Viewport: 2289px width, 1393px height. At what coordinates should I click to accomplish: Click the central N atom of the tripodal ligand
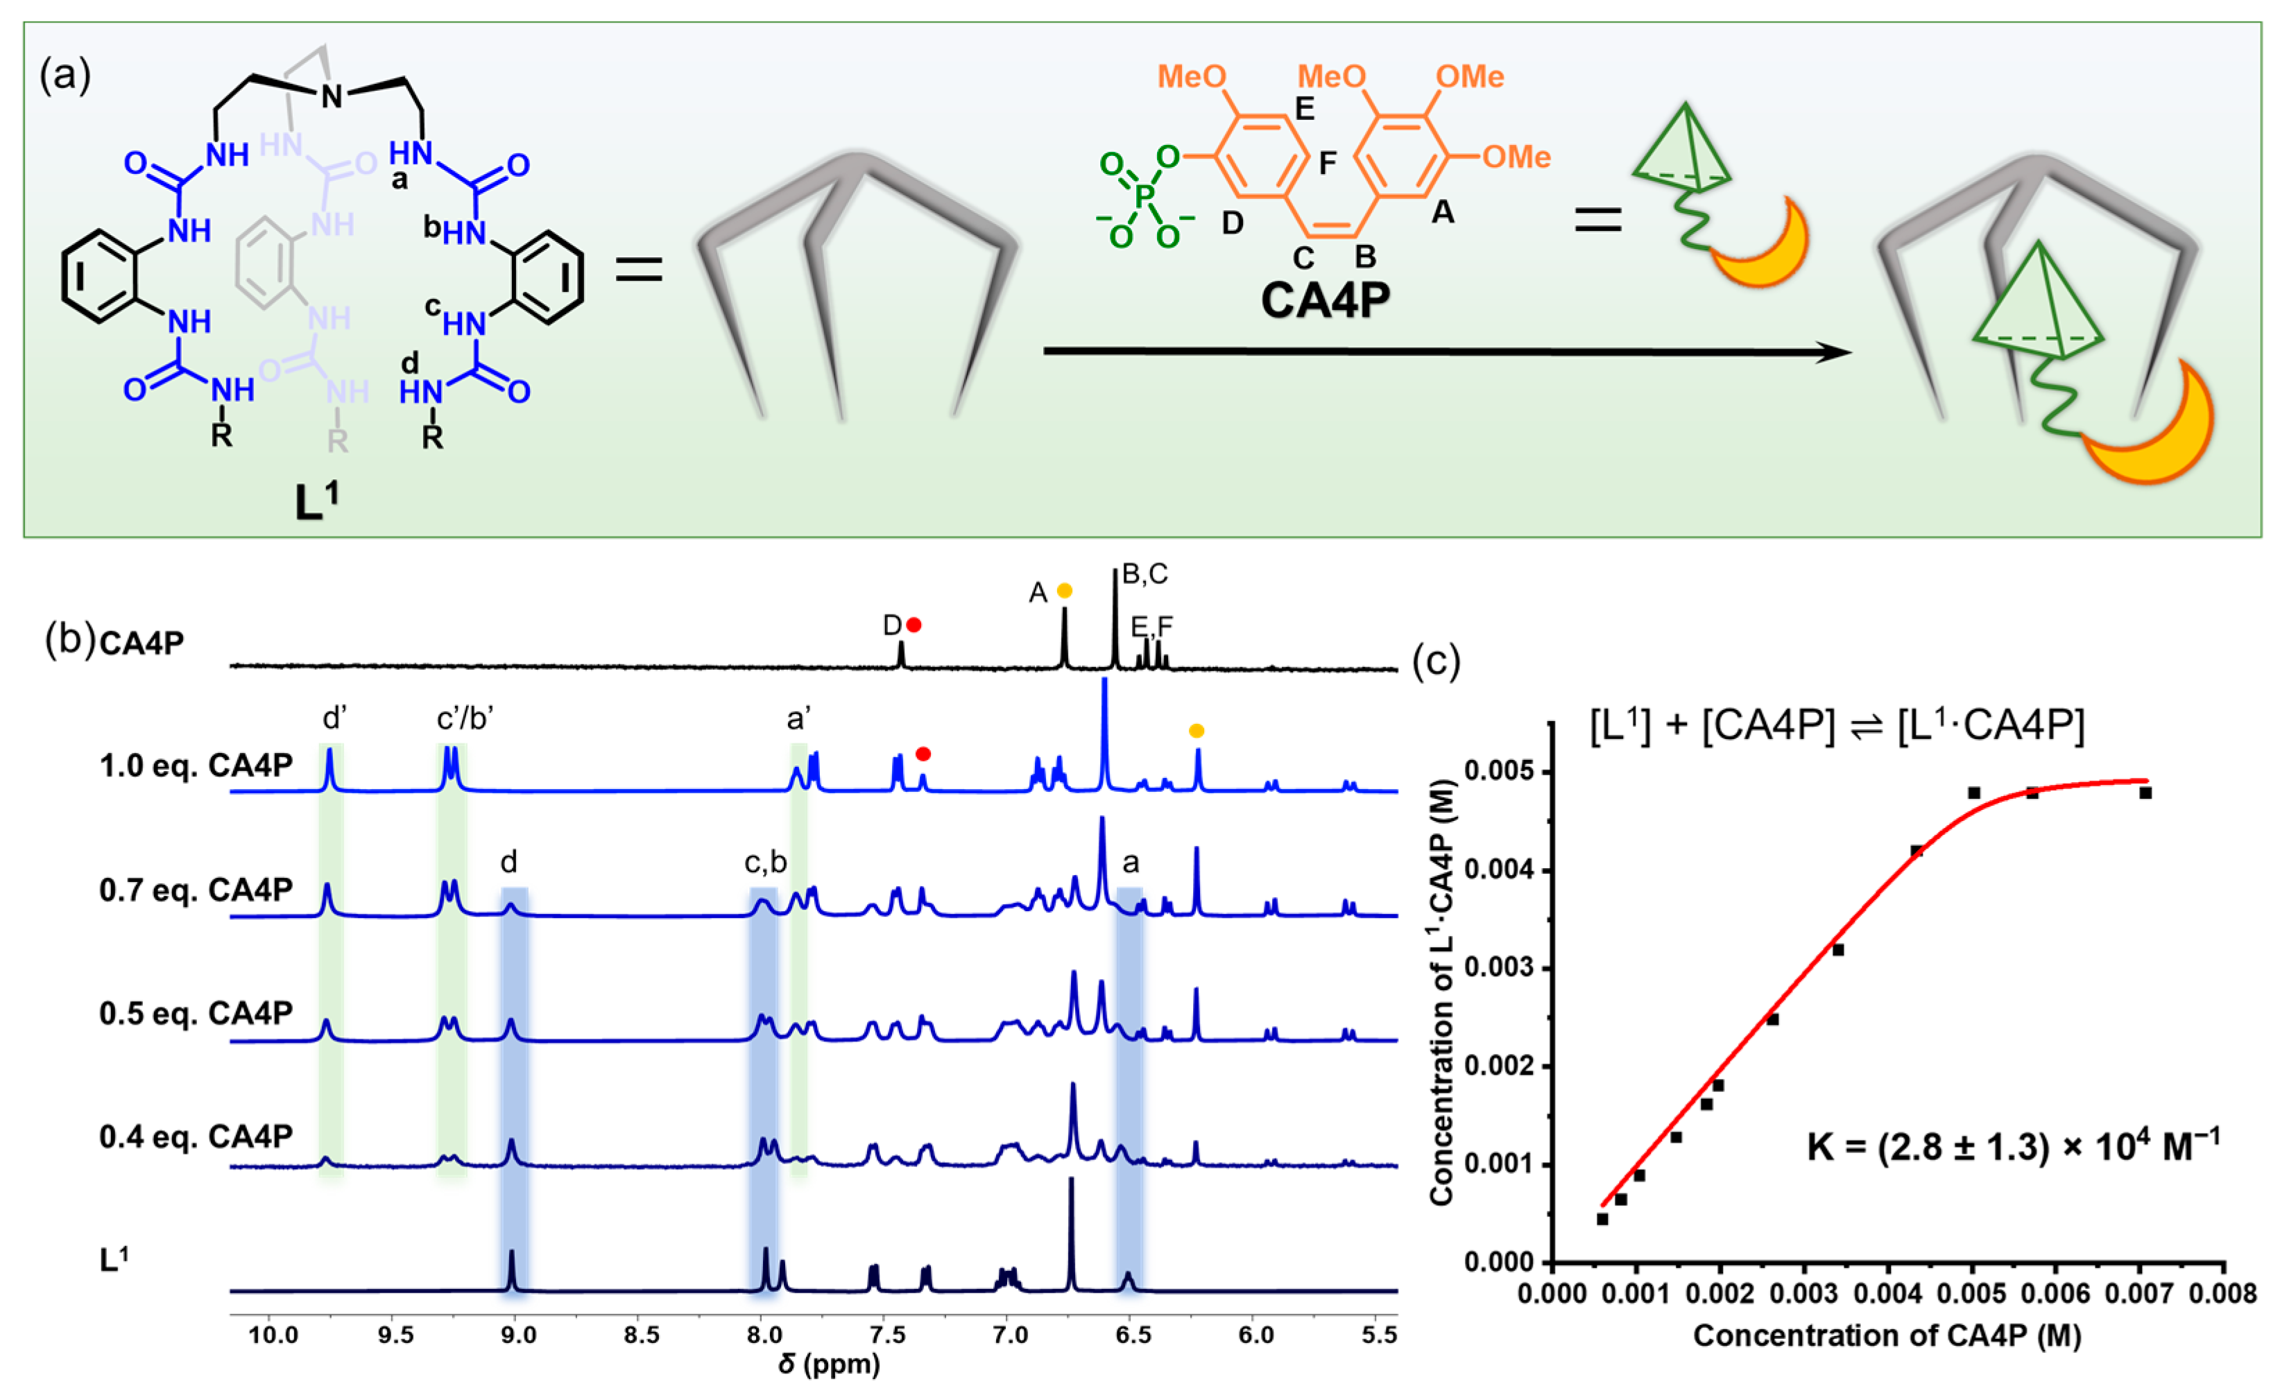[x=332, y=96]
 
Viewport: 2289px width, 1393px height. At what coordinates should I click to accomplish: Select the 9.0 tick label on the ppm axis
[x=517, y=1335]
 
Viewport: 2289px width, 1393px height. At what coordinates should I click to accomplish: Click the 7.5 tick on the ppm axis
[x=886, y=1335]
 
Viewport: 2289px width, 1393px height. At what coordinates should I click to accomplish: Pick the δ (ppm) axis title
[x=829, y=1364]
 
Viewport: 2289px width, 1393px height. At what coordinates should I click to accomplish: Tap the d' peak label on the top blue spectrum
[x=334, y=718]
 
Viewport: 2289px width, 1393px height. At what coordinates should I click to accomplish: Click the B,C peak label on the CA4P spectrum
[x=1144, y=574]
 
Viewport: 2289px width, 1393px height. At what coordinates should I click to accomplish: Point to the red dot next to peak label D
[x=914, y=625]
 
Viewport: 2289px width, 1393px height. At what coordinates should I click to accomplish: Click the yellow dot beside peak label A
[x=1065, y=591]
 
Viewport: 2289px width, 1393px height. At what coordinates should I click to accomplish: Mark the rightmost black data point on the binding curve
[x=2145, y=793]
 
